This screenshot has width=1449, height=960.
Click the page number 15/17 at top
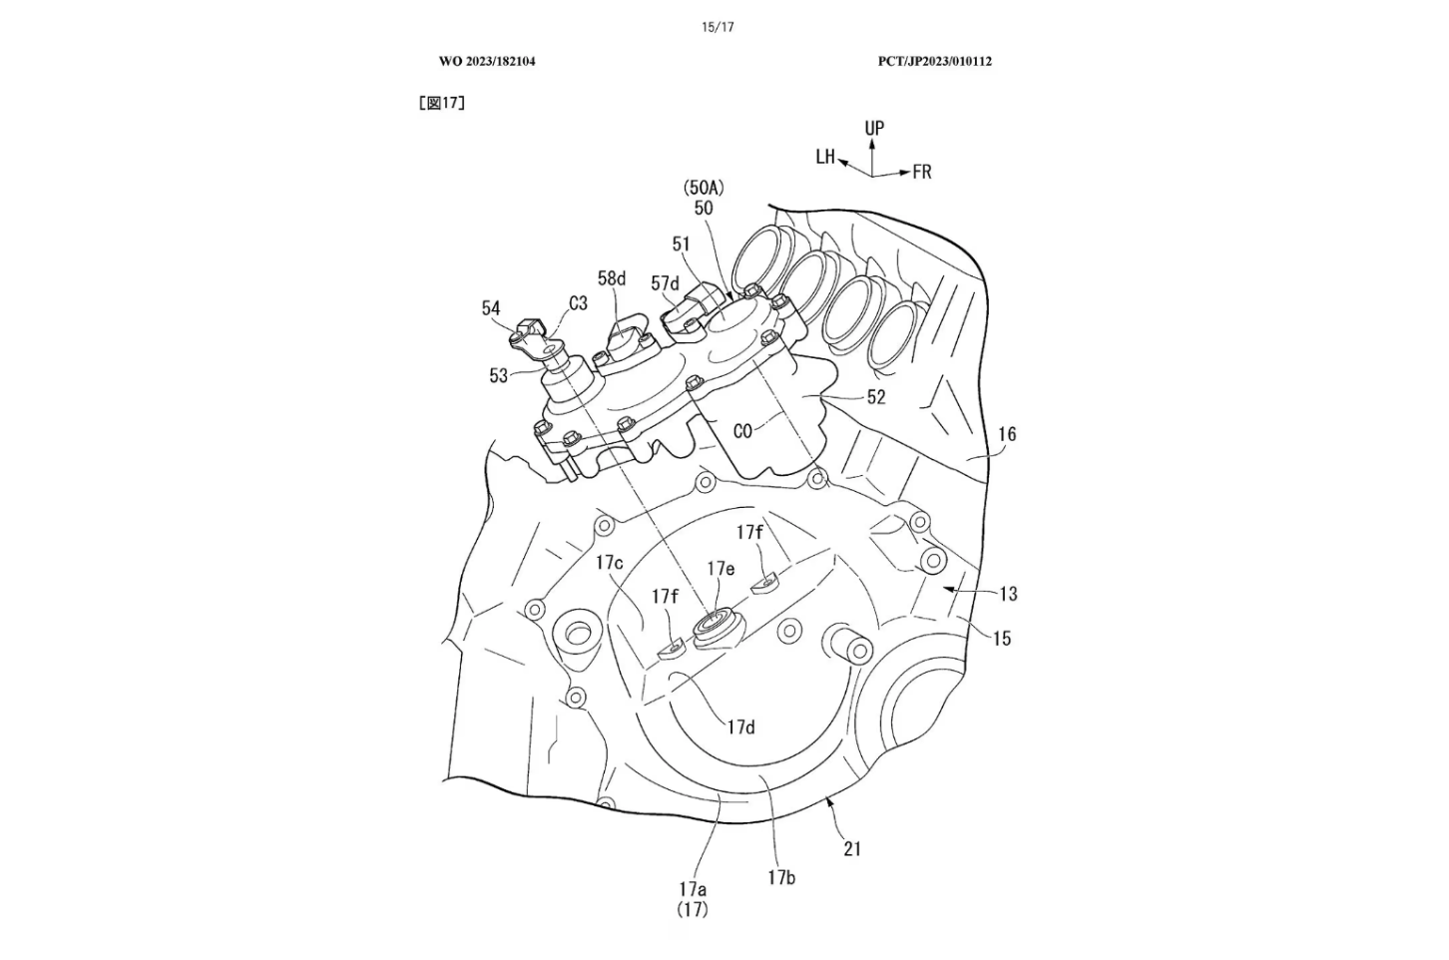tap(717, 27)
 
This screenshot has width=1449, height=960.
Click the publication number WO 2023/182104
tap(487, 61)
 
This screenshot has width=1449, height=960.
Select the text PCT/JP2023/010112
tap(934, 61)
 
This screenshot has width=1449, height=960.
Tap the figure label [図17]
tap(442, 103)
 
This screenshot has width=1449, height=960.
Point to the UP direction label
tap(874, 128)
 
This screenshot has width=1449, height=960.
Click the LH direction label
tap(824, 157)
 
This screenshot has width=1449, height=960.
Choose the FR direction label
tap(921, 172)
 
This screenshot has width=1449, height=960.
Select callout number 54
tap(490, 308)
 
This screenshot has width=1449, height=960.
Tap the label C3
tap(578, 303)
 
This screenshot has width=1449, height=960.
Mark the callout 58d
tap(612, 278)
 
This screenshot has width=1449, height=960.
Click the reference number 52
tap(875, 397)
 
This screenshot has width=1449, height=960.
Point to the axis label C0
tap(741, 431)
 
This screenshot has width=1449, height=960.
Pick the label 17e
tap(721, 569)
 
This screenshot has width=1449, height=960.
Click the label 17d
tap(740, 727)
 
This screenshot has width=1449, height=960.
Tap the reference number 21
tap(852, 848)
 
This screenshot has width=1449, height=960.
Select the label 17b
tap(780, 877)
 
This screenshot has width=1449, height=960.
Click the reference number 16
tap(1007, 434)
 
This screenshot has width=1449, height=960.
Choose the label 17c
tap(610, 563)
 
